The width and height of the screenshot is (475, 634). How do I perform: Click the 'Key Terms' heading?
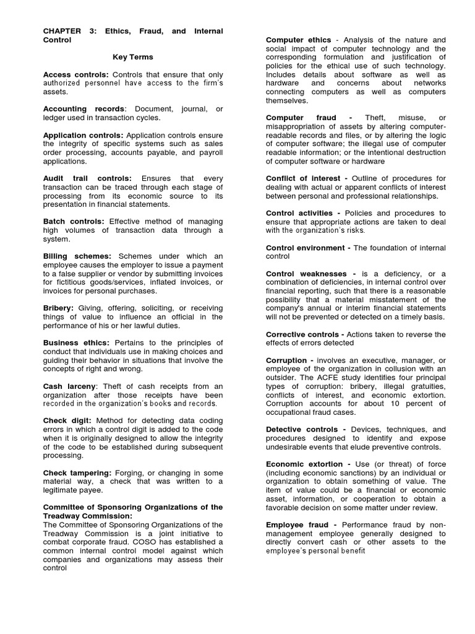(x=132, y=57)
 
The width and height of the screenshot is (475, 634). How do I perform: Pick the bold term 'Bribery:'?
(x=58, y=308)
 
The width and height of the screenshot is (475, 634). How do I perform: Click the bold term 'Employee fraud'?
(x=298, y=525)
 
